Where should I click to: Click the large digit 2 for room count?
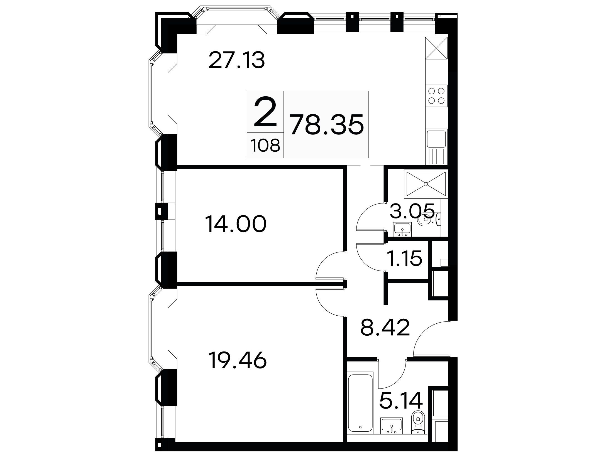click(265, 112)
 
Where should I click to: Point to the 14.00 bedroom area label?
click(236, 225)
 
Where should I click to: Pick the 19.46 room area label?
click(238, 360)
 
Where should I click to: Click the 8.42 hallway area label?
click(385, 328)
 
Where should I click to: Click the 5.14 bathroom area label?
click(401, 400)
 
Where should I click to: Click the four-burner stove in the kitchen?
click(436, 99)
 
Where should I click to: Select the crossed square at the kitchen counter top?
click(436, 48)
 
